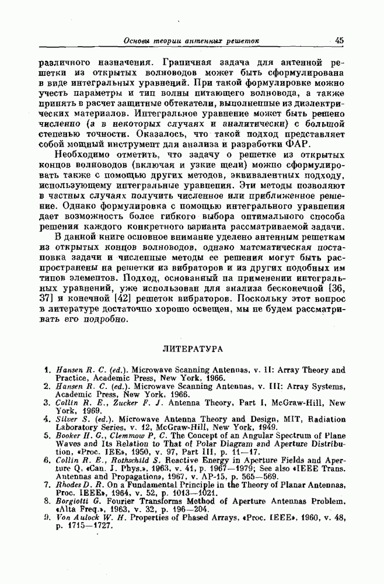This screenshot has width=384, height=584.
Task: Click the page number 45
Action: tap(340, 40)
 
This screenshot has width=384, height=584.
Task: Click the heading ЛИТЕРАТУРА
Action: tap(191, 349)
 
